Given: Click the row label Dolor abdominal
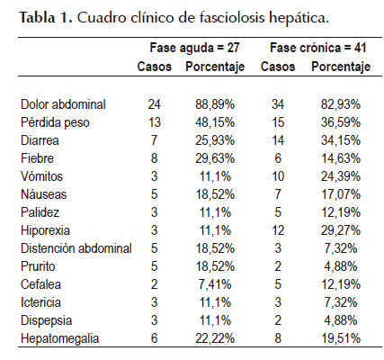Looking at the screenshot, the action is click(63, 104).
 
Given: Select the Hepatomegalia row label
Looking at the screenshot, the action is click(60, 338).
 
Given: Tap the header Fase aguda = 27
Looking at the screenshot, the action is click(194, 48).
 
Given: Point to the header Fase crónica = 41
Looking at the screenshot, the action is click(318, 48).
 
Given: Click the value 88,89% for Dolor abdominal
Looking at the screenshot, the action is click(215, 104).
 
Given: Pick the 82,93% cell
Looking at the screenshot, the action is click(341, 104).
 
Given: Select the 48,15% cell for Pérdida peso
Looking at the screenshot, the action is click(215, 122).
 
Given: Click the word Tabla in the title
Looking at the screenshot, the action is click(38, 18).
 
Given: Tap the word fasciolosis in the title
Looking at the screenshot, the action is click(232, 18).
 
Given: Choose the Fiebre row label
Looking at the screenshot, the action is click(37, 158).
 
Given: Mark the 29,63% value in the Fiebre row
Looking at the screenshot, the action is click(215, 158).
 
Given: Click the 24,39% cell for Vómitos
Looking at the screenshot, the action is click(341, 176).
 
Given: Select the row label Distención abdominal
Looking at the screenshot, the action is click(76, 248).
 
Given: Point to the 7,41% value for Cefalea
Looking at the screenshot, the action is click(215, 284).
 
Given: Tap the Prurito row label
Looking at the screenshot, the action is click(38, 266).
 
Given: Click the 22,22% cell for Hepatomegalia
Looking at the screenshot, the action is click(215, 338).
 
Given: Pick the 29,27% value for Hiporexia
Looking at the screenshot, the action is click(341, 230).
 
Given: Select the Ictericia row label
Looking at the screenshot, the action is click(40, 302).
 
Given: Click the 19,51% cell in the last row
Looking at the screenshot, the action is click(341, 338).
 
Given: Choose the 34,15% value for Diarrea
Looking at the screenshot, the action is click(341, 140).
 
